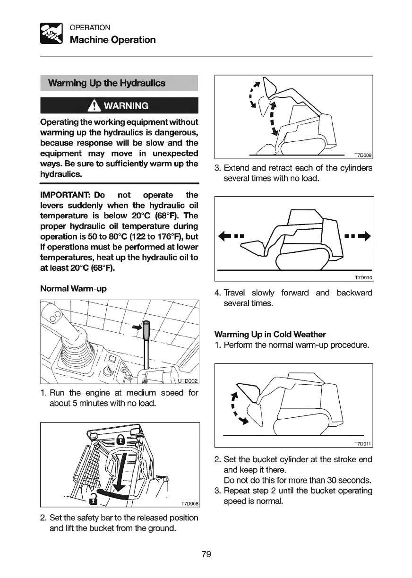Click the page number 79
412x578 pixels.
tap(206, 554)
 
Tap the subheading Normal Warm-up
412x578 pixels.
tap(73, 288)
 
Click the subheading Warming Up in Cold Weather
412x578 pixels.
tap(270, 335)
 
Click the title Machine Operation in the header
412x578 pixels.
tap(112, 40)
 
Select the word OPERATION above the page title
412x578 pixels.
tap(90, 27)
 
